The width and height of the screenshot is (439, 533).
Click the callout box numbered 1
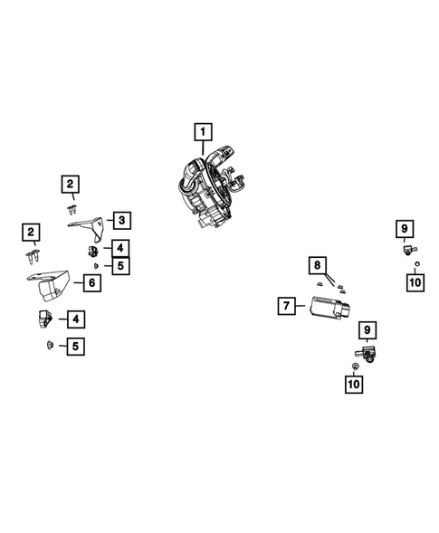click(204, 133)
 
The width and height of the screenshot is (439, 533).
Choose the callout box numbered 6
click(91, 282)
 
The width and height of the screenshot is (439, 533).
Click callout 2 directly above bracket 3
click(70, 186)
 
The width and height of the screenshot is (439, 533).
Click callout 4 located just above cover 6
click(121, 247)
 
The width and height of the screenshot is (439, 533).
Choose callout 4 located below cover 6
click(76, 319)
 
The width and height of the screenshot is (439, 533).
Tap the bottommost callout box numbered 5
click(77, 346)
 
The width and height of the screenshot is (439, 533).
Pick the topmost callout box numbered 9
click(405, 228)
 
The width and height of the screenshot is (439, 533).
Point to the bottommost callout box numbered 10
click(352, 385)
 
